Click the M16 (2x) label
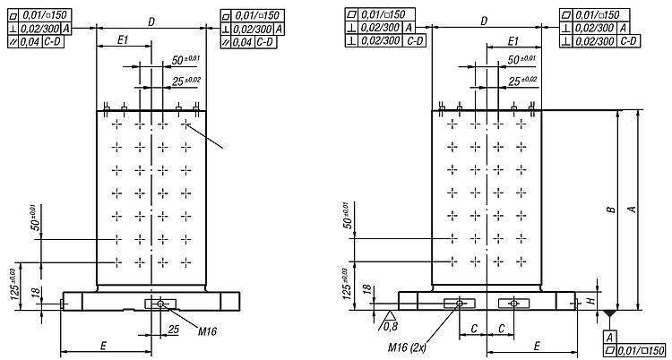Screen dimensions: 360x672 coord(408,347)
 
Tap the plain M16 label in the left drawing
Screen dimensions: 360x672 coord(206,330)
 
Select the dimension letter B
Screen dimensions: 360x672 coord(609,210)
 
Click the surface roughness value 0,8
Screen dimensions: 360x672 coord(391,326)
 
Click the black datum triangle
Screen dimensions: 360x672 coord(610,315)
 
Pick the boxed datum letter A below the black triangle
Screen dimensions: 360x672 coord(610,336)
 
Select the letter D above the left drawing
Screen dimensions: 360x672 coord(151,21)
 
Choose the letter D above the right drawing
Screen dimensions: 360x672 coord(484,21)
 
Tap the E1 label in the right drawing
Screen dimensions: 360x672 coord(514,42)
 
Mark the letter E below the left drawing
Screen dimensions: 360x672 coord(104,345)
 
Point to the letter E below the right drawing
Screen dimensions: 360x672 coord(536,345)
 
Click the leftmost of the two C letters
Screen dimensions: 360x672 coord(472,329)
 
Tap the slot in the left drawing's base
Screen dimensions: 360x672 coord(160,304)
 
